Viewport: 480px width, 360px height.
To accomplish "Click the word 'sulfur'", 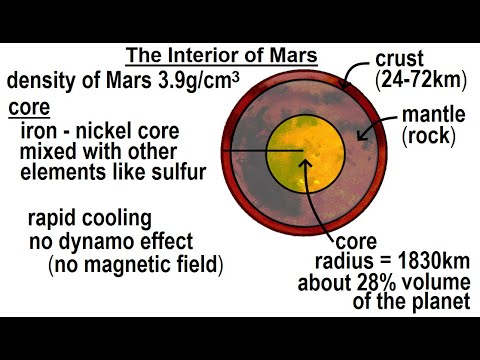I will coord(179,171).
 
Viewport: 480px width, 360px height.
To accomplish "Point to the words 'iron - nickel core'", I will coord(95,129).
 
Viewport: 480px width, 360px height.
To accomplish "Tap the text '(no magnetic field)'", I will coord(135,266).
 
